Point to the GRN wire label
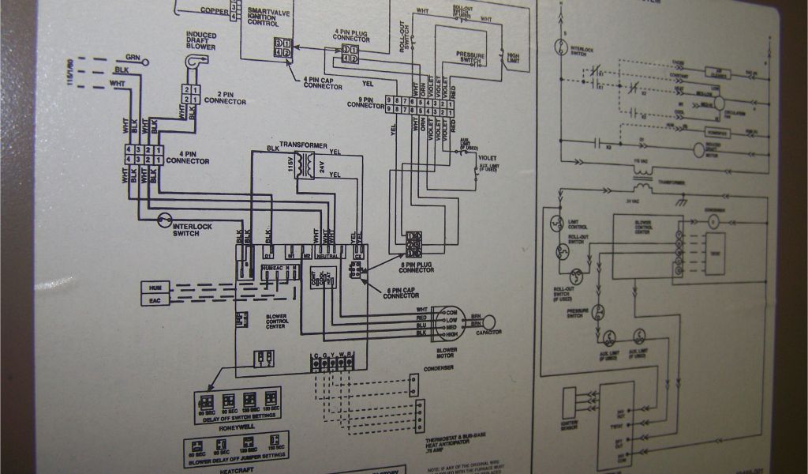[133, 57]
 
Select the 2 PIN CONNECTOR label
[225, 98]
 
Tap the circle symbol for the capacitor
[490, 322]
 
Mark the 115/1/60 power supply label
[70, 72]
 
